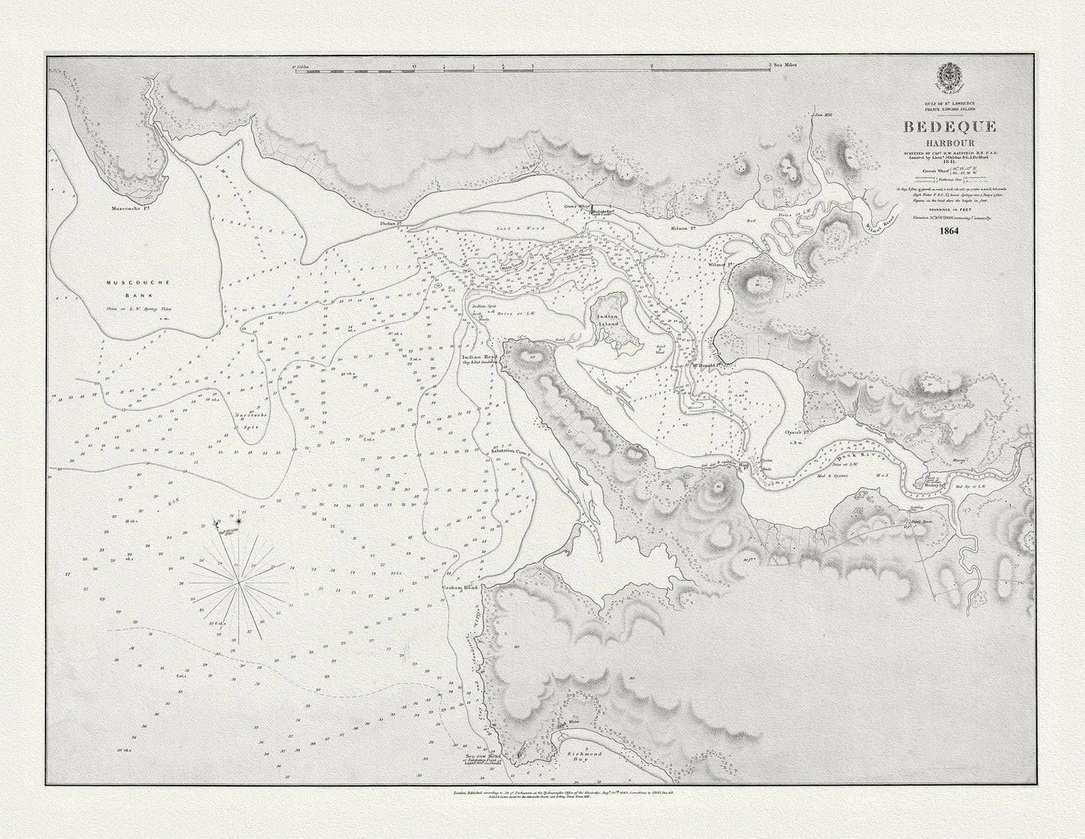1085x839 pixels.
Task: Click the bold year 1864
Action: point(949,231)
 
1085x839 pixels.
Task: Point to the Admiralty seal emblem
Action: point(948,78)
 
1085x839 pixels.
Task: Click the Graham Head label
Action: point(460,586)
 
